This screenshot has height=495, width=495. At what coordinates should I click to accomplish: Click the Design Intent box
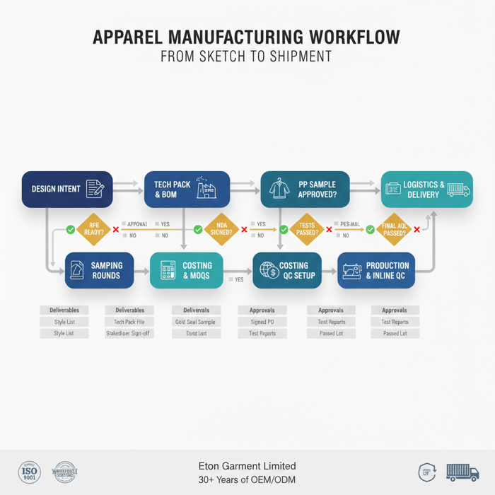coord(67,189)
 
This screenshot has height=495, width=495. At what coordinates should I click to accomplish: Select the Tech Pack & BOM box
coord(187,189)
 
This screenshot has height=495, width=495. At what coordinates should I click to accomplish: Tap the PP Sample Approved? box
coord(305,189)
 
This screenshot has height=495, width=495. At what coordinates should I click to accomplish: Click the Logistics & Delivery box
coord(427,189)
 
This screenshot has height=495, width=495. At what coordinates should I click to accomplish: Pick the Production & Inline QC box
coord(375,270)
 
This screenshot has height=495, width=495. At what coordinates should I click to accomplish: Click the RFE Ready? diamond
coord(95,230)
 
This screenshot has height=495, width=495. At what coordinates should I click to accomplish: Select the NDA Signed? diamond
coord(221,230)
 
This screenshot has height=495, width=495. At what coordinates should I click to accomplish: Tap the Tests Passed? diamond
coord(306,230)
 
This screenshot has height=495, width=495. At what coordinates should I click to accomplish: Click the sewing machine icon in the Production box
coord(351,270)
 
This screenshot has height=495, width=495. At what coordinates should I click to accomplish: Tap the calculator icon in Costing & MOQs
coord(168,270)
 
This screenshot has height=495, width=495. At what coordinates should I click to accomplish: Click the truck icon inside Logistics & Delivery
coord(458,189)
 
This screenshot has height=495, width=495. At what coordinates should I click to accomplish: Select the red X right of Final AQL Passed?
coord(417,230)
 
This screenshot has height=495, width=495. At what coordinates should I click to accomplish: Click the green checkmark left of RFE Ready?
coord(71,230)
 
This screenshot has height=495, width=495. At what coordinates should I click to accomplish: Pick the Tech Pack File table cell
coord(129,322)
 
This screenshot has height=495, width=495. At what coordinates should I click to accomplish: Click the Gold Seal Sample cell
coord(196,322)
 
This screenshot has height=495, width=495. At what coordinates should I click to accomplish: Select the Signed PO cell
coord(262,322)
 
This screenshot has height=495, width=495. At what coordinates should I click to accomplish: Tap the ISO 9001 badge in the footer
coord(30,472)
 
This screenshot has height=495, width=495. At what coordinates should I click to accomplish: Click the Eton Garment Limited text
coord(248,466)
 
